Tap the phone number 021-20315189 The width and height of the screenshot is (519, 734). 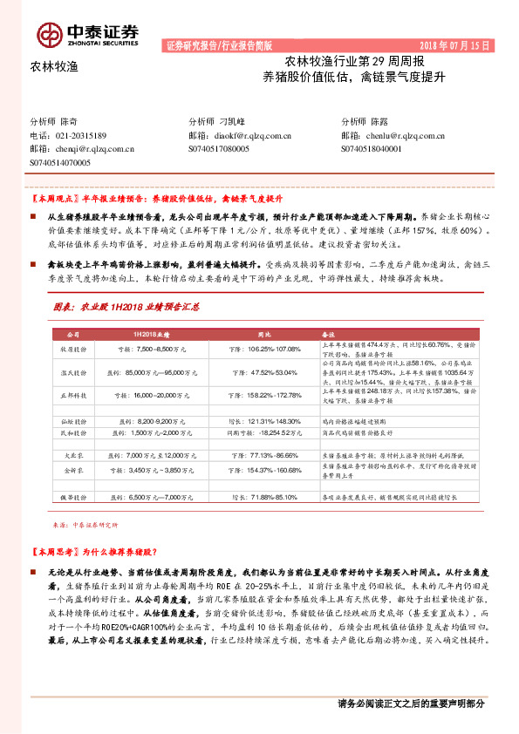pyautogui.click(x=81, y=136)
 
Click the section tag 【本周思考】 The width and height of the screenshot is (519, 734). pyautogui.click(x=55, y=553)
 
